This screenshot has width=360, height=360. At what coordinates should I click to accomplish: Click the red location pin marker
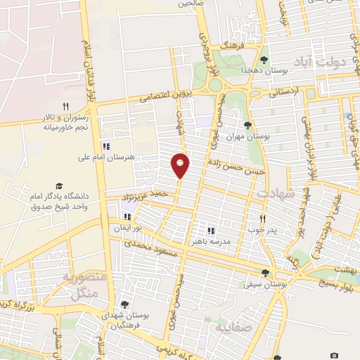(181, 165)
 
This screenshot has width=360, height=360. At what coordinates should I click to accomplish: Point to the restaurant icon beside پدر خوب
(263, 218)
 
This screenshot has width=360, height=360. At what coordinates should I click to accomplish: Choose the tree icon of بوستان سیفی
(265, 274)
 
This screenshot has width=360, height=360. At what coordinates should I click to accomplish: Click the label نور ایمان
(129, 229)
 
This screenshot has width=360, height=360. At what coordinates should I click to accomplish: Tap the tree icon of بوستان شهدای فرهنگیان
(124, 305)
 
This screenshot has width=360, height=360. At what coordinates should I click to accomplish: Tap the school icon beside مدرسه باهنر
(210, 230)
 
